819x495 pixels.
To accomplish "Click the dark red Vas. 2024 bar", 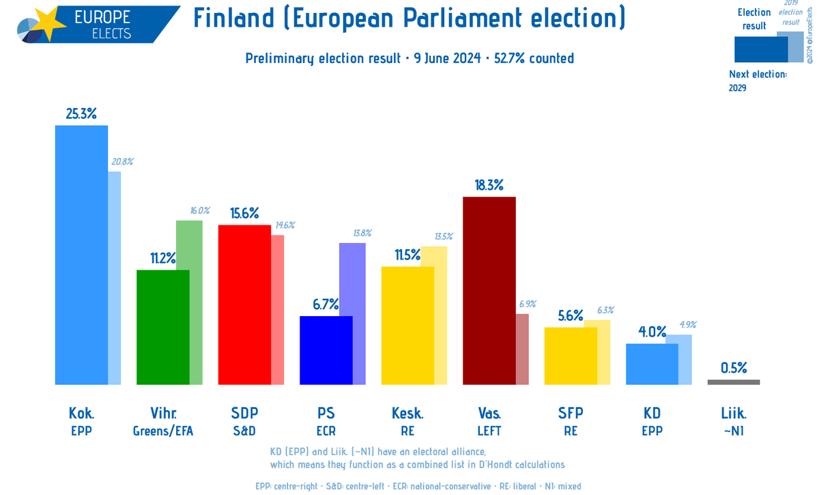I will (x=489, y=290).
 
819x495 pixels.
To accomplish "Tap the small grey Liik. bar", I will (x=734, y=382).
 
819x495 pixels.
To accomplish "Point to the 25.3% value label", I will (x=81, y=113).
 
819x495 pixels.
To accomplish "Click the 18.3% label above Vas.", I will (x=489, y=185).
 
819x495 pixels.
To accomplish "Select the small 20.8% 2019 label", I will (x=121, y=162).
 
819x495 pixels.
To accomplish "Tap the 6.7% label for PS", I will (x=326, y=305).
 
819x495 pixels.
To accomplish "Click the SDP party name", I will (x=244, y=413).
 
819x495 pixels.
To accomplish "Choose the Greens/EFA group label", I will (x=163, y=431).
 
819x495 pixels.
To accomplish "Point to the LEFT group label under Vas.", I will (x=489, y=431).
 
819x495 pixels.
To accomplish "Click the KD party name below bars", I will (x=652, y=413).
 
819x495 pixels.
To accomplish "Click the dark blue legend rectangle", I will (x=760, y=49).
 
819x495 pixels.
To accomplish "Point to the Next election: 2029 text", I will (x=758, y=81).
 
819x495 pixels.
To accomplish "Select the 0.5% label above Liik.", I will (x=734, y=368).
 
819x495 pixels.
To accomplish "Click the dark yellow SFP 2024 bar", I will (x=571, y=355).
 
